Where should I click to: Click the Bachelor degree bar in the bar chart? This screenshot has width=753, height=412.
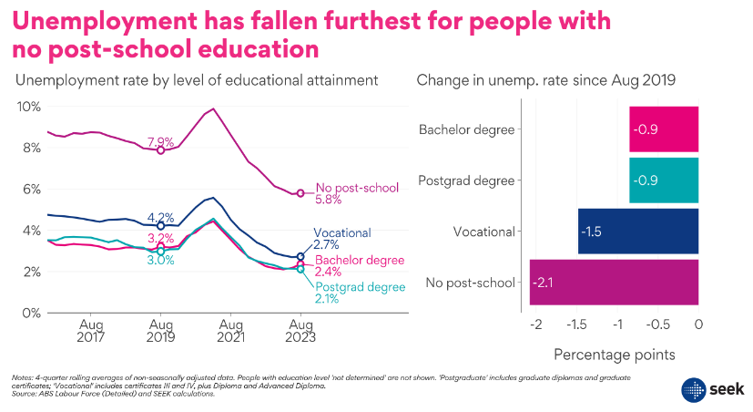click(x=664, y=129)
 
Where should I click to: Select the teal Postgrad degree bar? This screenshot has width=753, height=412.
click(x=664, y=180)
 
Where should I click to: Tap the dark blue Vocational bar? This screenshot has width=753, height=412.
click(x=637, y=232)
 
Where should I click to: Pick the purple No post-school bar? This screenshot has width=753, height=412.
click(x=614, y=283)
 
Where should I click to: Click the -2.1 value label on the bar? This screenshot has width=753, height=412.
click(x=543, y=283)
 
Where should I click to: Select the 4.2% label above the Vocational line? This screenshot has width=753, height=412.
click(x=160, y=216)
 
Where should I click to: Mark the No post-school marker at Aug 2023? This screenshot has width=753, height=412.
click(x=300, y=193)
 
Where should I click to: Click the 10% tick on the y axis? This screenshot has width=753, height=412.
click(x=29, y=107)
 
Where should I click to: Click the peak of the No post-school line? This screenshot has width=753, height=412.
click(x=213, y=109)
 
